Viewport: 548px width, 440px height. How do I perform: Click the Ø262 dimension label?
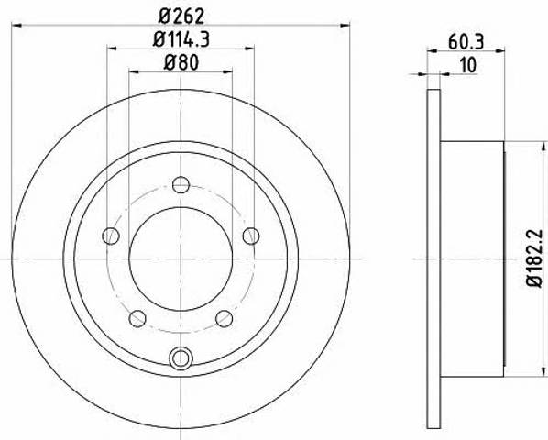click(181, 16)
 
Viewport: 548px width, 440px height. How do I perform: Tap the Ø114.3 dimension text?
click(181, 39)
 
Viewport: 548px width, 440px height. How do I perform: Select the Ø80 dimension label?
click(181, 63)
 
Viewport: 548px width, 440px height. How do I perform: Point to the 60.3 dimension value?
click(466, 42)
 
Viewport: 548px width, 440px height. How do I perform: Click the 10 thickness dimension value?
click(468, 65)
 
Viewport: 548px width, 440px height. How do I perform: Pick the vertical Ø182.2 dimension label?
click(535, 258)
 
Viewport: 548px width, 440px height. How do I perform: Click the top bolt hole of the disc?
click(181, 185)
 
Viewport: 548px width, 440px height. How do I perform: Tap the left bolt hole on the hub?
click(111, 236)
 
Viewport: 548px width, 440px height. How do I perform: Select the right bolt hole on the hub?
click(251, 236)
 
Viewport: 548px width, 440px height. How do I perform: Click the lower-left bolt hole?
click(137, 318)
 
